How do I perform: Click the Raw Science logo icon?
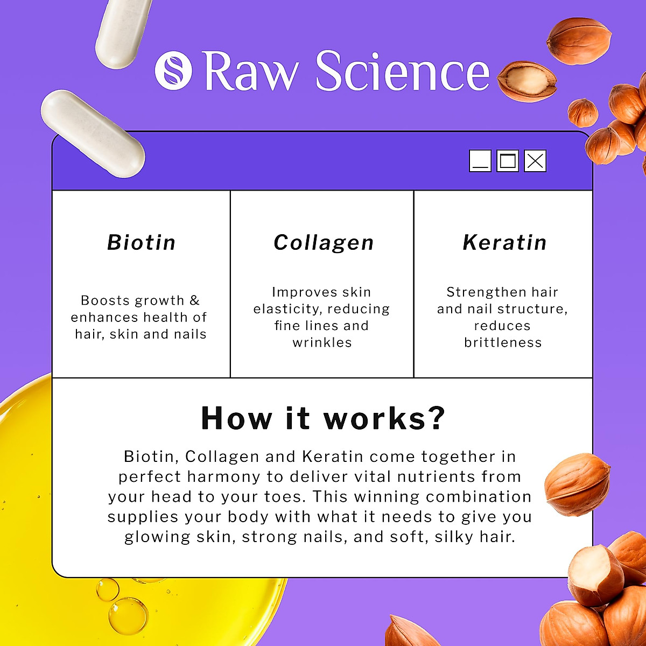(173, 70)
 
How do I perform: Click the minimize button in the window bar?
(480, 160)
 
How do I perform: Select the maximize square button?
(507, 160)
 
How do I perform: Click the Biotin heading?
(141, 243)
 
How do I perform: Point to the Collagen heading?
(324, 243)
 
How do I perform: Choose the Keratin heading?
(504, 243)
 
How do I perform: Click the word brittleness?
(503, 343)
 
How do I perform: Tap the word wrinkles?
(322, 343)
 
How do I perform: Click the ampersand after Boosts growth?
(194, 300)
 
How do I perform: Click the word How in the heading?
(236, 418)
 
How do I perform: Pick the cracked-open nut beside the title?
(525, 81)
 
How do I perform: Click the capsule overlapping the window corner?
(93, 134)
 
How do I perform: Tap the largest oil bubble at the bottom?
(128, 615)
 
